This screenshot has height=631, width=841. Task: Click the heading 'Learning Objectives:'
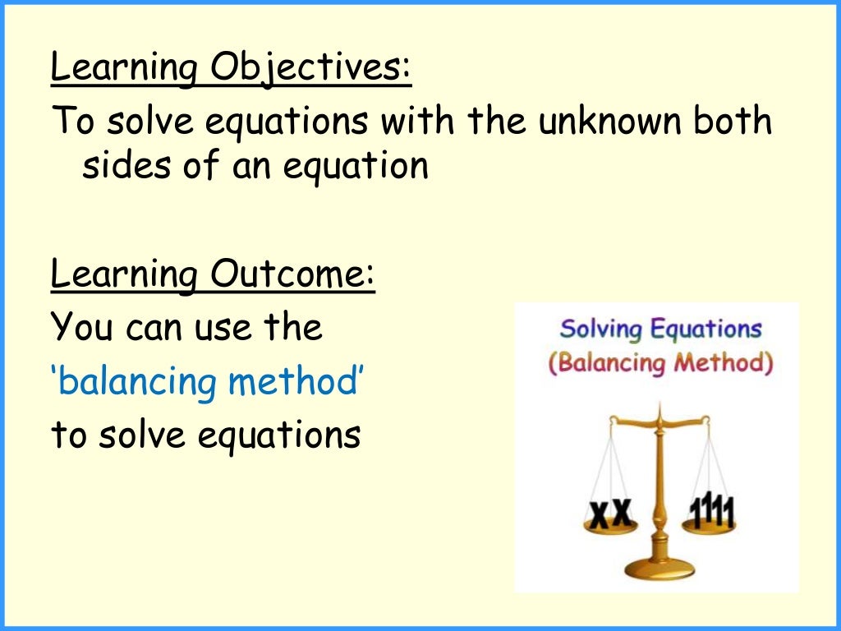pyautogui.click(x=231, y=69)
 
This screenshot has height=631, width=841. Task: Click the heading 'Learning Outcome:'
pyautogui.click(x=213, y=274)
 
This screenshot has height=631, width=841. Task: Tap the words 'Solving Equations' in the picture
pyautogui.click(x=660, y=330)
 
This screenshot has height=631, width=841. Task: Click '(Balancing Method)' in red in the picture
pyautogui.click(x=660, y=362)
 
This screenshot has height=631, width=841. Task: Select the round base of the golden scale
pyautogui.click(x=659, y=568)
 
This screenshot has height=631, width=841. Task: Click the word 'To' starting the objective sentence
pyautogui.click(x=70, y=122)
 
